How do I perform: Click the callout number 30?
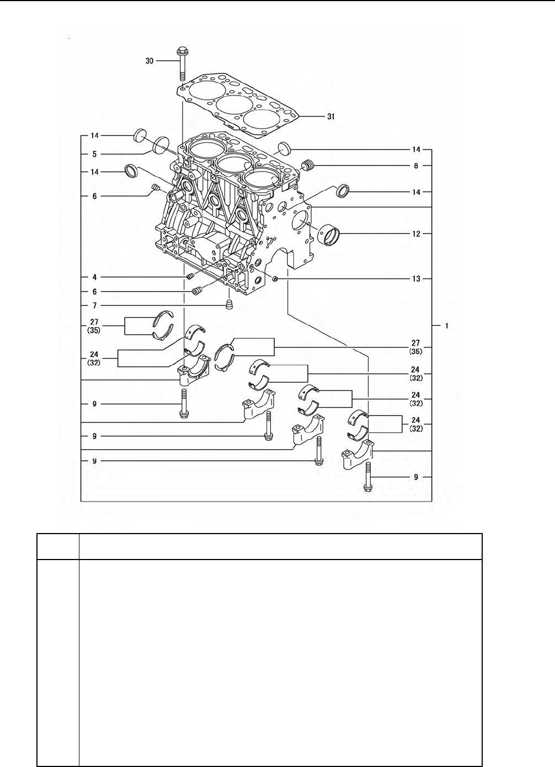(150, 61)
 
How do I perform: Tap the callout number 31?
(330, 116)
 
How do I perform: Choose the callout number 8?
(416, 164)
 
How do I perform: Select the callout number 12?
(416, 234)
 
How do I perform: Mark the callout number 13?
(416, 279)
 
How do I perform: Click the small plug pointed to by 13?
(274, 279)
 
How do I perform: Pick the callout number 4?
(94, 276)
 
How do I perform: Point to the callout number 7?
(94, 305)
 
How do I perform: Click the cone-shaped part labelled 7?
(230, 305)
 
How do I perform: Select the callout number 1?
(447, 326)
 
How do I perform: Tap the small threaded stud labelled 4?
(191, 276)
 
